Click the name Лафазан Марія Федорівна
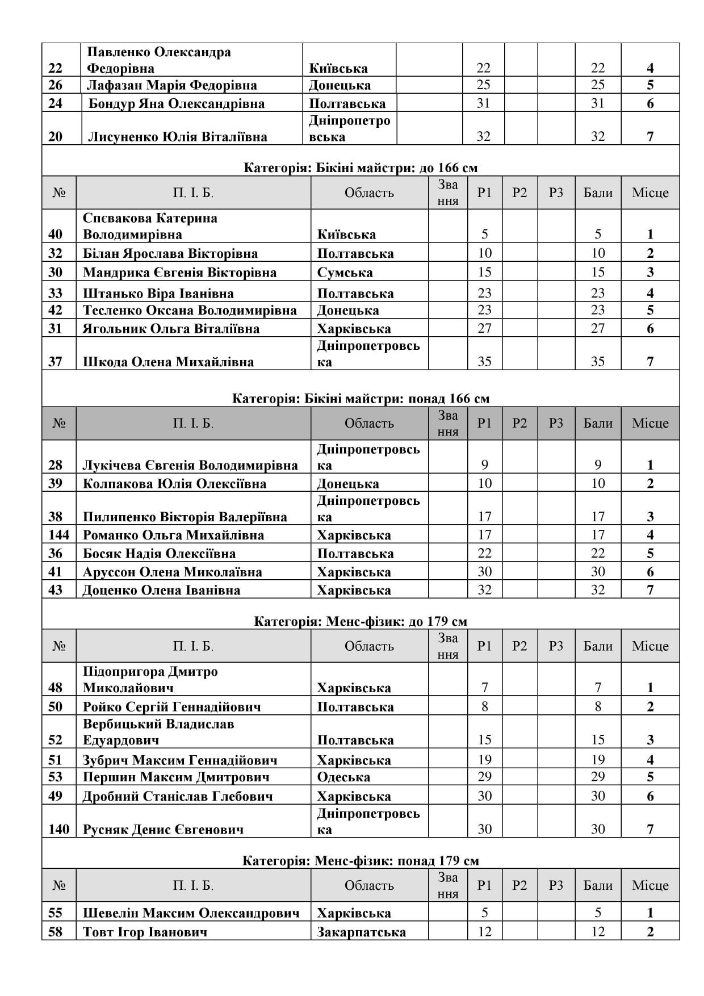(x=171, y=86)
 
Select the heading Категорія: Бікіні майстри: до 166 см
(x=361, y=168)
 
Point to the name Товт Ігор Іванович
(x=145, y=932)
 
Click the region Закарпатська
(x=361, y=932)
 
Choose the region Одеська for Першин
(x=343, y=777)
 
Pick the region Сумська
(x=345, y=273)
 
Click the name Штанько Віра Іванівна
(x=158, y=294)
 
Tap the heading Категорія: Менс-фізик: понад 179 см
(x=361, y=861)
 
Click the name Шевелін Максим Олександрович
(x=191, y=913)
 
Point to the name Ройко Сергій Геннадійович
(x=172, y=707)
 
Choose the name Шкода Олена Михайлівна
(x=168, y=362)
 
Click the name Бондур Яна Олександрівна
(x=177, y=104)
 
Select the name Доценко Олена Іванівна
(x=161, y=590)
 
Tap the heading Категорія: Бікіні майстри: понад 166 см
(x=361, y=399)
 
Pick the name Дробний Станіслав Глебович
(x=178, y=796)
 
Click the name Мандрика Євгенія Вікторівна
(x=179, y=273)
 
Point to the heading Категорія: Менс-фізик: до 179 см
(x=361, y=621)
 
